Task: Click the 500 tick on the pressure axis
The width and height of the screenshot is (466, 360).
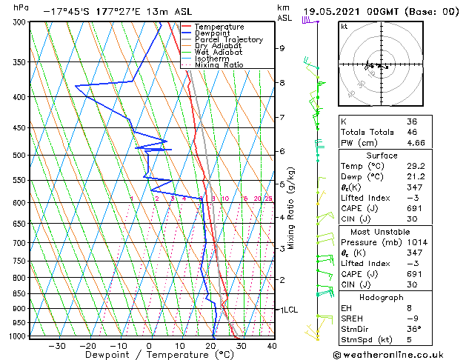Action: tap(19, 155)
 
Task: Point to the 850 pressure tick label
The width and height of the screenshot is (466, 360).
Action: tap(19, 293)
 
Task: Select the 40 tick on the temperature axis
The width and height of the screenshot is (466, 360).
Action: tap(272, 345)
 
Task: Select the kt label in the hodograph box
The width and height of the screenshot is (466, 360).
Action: tap(344, 26)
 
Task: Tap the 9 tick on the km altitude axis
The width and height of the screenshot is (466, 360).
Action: tap(282, 48)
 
